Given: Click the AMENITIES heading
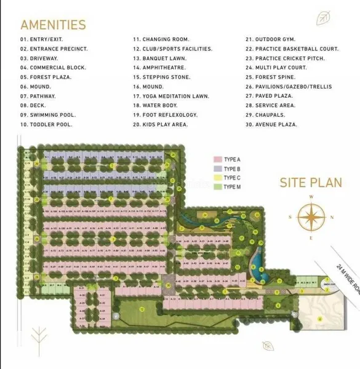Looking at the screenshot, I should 53,25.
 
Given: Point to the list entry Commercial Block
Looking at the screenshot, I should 53,68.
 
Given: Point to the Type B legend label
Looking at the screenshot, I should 231,169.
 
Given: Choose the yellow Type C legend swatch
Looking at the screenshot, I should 217,177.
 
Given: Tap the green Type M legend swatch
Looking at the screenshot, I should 217,186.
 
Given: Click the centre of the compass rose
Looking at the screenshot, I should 311,217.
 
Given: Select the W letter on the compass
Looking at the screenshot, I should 311,197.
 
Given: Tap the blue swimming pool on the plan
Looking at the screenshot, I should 257,264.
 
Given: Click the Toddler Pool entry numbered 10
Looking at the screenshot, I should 46,124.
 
